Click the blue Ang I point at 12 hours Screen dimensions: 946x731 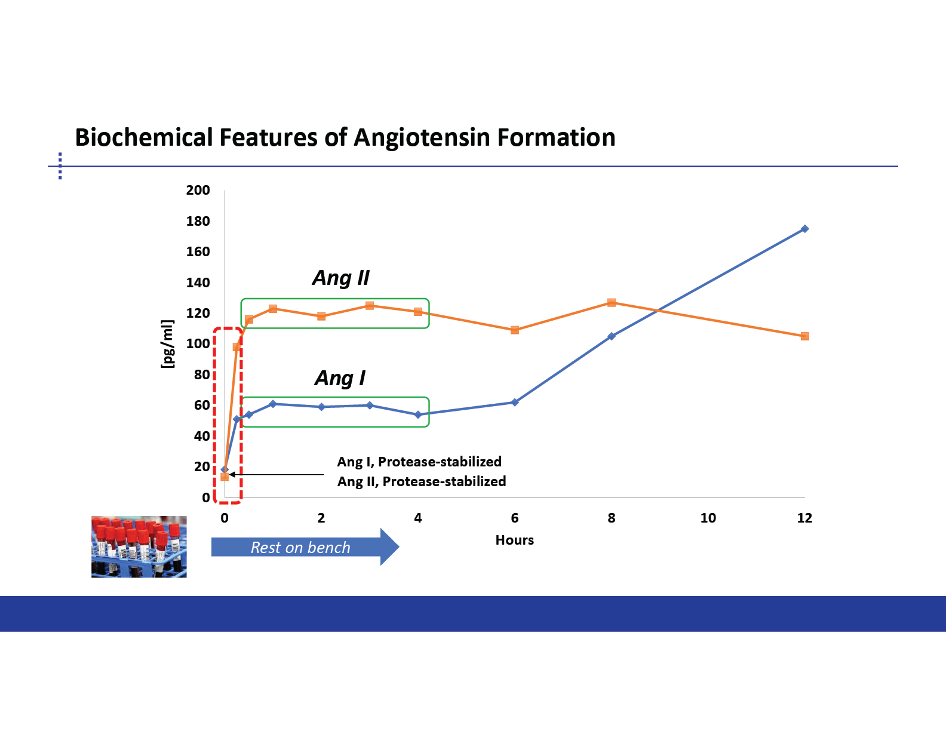point(804,229)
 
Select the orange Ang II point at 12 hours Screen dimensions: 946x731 point(804,336)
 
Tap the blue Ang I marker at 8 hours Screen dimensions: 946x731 point(611,336)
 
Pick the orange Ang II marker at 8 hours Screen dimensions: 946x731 point(611,303)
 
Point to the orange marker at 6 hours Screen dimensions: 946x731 point(515,330)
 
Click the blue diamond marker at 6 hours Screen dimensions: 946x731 point(515,403)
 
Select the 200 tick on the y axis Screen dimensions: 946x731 point(198,191)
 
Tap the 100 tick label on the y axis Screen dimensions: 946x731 point(198,344)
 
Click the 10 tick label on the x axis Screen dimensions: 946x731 point(708,518)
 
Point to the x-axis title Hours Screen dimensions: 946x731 point(515,540)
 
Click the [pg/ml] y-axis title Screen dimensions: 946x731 point(167,344)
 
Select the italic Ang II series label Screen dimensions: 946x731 point(340,278)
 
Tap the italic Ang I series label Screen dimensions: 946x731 point(340,378)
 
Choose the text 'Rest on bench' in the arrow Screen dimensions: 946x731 point(300,547)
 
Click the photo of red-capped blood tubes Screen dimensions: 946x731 point(139,547)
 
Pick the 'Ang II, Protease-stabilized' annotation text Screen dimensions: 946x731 point(422,481)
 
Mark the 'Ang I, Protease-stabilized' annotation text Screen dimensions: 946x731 point(419,462)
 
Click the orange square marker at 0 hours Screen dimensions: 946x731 point(225,477)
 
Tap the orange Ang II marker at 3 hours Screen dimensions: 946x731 point(370,306)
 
